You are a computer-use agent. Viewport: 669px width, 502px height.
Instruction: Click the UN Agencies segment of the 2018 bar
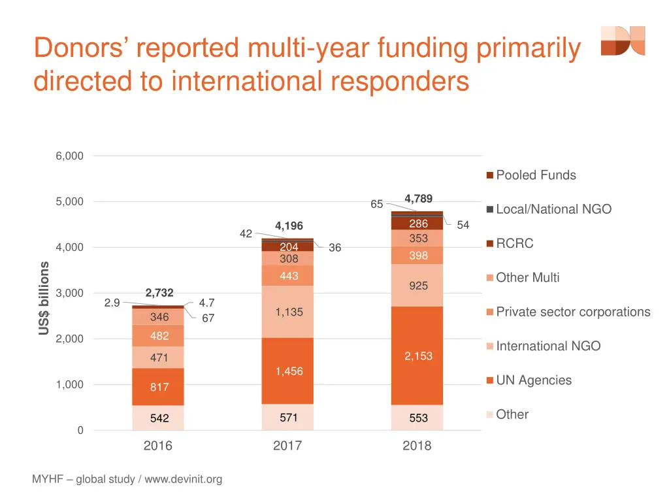click(417, 356)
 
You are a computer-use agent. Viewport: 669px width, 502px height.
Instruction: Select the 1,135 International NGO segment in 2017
click(288, 312)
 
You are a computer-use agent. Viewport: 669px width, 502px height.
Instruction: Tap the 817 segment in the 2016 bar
click(158, 386)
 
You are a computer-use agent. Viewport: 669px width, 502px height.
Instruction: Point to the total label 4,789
click(418, 198)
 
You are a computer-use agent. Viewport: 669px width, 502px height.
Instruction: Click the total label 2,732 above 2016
click(159, 292)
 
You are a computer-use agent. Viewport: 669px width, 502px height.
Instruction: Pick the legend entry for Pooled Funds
click(536, 175)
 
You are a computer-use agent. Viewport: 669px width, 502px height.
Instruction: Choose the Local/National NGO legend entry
click(553, 209)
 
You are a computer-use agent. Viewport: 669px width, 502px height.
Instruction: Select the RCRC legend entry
click(514, 243)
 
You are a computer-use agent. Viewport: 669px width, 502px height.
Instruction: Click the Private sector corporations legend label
click(573, 312)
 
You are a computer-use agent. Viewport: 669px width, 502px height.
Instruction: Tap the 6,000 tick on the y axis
click(70, 156)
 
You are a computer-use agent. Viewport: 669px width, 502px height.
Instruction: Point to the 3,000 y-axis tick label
click(70, 293)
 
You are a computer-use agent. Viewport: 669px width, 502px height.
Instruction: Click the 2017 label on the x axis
click(287, 446)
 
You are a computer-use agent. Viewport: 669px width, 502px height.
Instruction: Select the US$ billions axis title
click(44, 298)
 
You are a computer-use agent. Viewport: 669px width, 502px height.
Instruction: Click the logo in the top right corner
click(623, 41)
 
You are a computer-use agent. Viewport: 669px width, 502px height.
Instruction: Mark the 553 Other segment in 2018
click(417, 418)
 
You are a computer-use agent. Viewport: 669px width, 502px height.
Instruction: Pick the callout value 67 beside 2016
click(208, 318)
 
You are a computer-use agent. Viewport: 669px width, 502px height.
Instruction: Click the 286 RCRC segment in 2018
click(417, 224)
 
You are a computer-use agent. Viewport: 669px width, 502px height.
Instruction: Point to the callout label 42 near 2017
click(246, 233)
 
